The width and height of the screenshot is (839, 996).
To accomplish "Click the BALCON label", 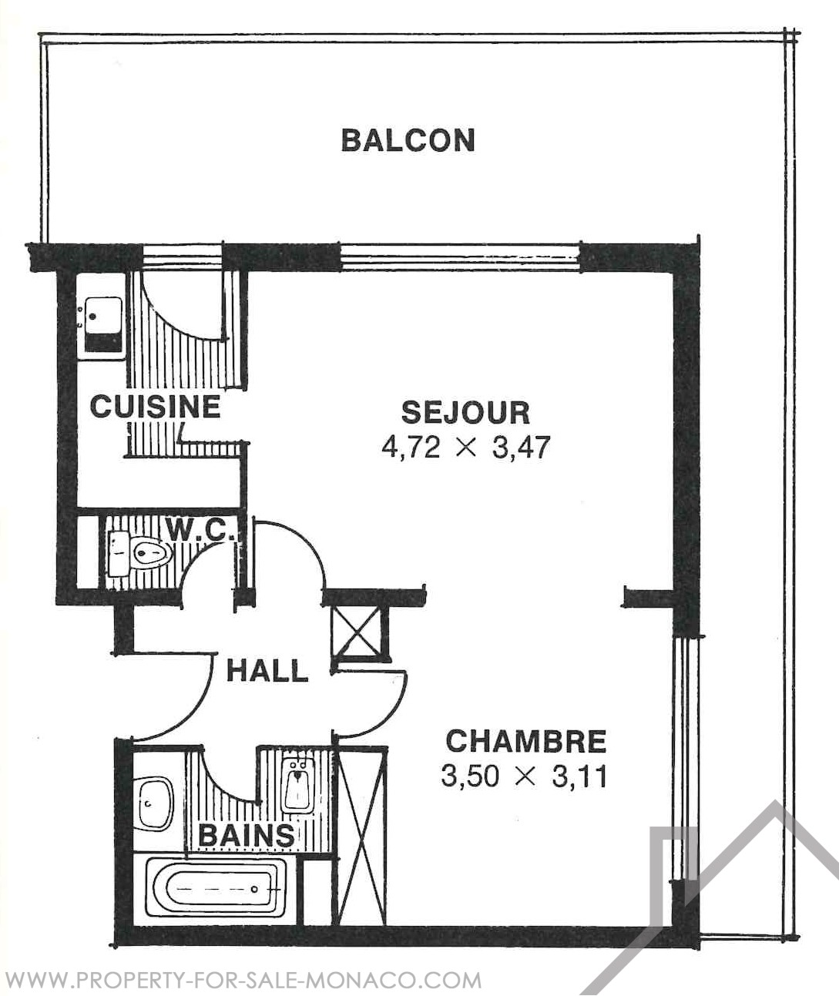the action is click(408, 140).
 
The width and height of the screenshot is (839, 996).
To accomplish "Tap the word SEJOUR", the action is click(466, 413).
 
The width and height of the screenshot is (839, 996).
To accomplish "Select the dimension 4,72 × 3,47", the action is click(466, 448).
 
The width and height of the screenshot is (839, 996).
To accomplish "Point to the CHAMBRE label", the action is click(526, 741).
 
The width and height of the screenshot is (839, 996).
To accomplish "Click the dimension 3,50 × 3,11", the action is click(524, 776).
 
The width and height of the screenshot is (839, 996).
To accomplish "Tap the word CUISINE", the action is click(156, 407).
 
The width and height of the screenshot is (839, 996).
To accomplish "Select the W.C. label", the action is click(200, 530).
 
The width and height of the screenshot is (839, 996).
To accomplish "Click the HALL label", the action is click(267, 670).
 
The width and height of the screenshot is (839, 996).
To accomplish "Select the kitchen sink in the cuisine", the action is click(102, 327).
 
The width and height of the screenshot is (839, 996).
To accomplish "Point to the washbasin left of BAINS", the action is click(154, 803).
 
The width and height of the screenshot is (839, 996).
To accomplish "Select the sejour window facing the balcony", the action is click(460, 257).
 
